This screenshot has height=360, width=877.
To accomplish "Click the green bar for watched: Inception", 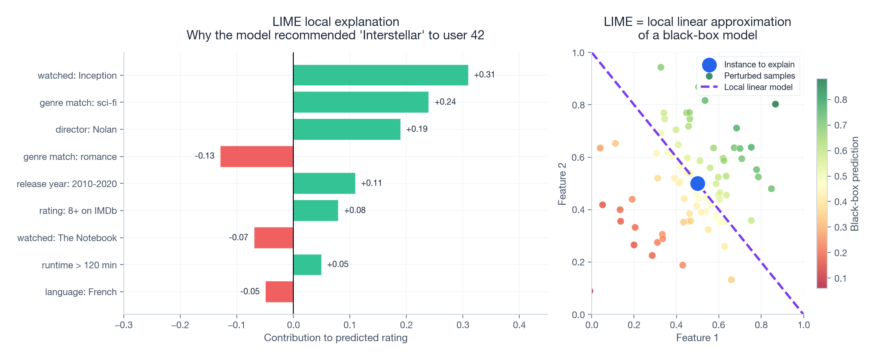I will (x=380, y=75).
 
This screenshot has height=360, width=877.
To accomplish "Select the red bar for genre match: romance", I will (x=257, y=157).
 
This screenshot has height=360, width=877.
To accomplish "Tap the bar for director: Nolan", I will (x=346, y=129).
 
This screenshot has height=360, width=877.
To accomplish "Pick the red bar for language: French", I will (x=279, y=292).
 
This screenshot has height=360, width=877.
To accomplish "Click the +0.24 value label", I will (x=445, y=102).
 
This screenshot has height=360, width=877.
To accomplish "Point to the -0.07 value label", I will (x=238, y=238).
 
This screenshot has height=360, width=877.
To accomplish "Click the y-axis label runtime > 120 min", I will (x=79, y=265).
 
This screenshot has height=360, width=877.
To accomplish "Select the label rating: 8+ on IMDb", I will (x=78, y=211).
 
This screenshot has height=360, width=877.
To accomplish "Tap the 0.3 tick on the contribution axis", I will (x=463, y=325).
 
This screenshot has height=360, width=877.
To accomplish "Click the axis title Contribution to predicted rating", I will (x=336, y=338).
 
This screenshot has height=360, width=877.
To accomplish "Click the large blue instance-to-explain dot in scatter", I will (x=697, y=183).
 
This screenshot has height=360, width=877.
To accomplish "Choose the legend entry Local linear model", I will (x=758, y=87).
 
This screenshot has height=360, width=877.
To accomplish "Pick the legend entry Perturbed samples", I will (x=759, y=76).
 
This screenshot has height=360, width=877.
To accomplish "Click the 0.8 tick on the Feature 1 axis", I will (x=761, y=325).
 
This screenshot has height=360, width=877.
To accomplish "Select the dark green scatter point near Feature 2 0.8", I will (x=775, y=104).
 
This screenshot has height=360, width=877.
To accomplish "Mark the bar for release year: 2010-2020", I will (x=324, y=183).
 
